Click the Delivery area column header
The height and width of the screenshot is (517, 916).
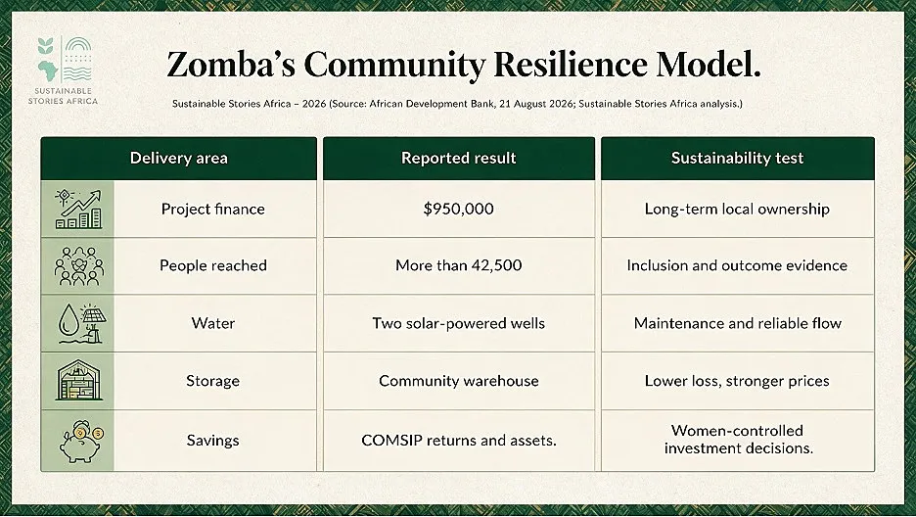point(179,159)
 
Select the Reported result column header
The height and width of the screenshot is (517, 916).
point(459,159)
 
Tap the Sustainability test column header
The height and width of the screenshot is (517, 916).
point(737,159)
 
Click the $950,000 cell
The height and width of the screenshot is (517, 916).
point(459,209)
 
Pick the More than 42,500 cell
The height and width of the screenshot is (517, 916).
point(459,265)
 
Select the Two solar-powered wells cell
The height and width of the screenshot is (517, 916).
point(459,323)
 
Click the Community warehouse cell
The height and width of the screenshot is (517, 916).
point(459,381)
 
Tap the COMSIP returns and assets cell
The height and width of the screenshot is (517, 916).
point(459,440)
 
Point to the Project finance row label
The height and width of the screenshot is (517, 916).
point(212,210)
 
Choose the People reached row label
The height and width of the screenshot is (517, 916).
point(212,265)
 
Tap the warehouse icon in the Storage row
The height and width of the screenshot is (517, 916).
point(79,381)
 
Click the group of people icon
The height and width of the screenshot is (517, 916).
point(79,265)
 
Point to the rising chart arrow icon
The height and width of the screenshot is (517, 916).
point(78,209)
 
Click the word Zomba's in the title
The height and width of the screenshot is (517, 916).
point(231,65)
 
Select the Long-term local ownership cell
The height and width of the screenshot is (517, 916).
point(737,209)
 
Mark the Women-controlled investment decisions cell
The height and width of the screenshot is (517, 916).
point(738,440)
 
